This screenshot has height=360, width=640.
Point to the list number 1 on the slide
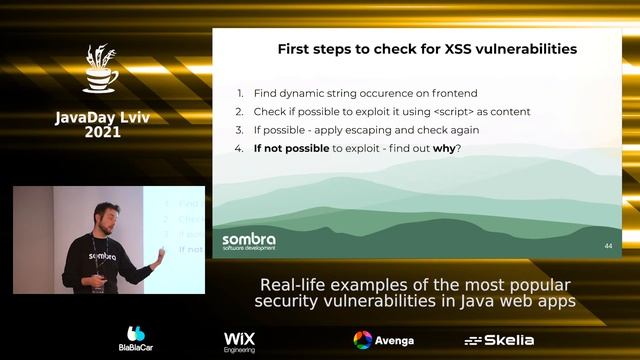pyautogui.click(x=240, y=94)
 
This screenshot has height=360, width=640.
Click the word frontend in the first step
pyautogui.click(x=439, y=94)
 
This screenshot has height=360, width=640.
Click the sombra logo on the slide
pyautogui.click(x=249, y=242)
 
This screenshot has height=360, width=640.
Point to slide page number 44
pyautogui.click(x=608, y=245)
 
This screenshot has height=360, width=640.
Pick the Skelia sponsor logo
pyautogui.click(x=499, y=340)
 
